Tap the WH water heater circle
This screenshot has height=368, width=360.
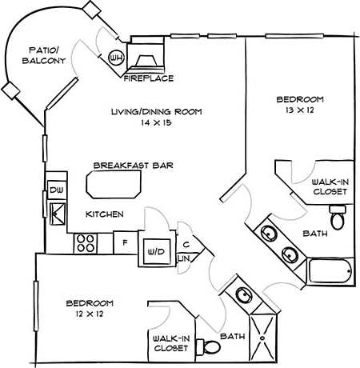[116, 58]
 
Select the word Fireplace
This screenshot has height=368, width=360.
[149, 78]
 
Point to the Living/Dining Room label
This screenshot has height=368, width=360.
[156, 111]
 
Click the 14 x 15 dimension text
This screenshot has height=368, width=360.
[156, 124]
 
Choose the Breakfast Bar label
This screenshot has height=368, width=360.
[134, 166]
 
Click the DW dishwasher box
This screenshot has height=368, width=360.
[56, 190]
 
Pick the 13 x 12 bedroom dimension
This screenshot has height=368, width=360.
[300, 112]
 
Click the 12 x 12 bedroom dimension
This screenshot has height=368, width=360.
[89, 317]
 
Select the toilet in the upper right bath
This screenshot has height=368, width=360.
[338, 215]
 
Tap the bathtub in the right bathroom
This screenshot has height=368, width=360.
[330, 274]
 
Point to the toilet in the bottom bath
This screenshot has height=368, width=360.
[210, 346]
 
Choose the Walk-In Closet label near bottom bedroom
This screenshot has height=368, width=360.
[169, 344]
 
